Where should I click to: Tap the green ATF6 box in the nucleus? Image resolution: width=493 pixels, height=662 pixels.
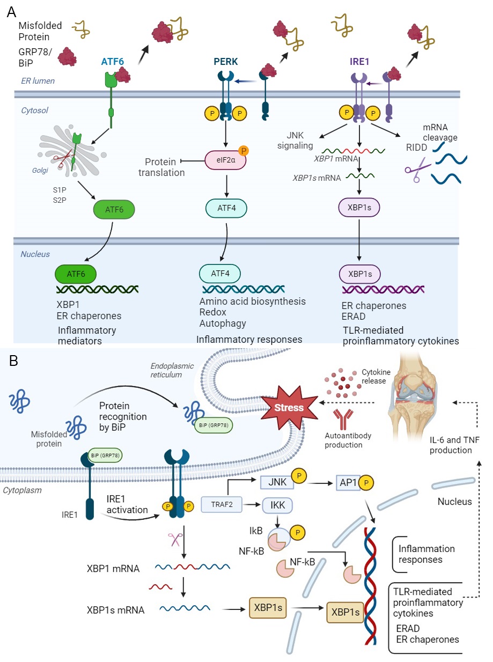click(76, 274)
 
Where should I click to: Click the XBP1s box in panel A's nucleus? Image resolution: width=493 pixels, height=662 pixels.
click(359, 274)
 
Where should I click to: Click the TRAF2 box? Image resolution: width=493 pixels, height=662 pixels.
click(219, 504)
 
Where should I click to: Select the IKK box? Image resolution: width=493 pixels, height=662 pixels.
click(278, 504)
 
